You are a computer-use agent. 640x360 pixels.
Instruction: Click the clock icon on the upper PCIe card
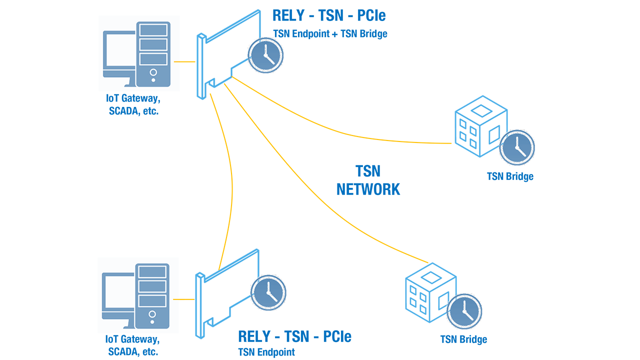click(x=266, y=55)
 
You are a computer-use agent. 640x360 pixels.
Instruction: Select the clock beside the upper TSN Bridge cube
click(x=517, y=147)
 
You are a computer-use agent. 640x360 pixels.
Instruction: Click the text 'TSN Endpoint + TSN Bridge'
click(x=330, y=34)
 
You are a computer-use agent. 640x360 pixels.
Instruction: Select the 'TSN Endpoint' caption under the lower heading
click(x=266, y=352)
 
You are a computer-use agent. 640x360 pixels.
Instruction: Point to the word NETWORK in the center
click(x=368, y=189)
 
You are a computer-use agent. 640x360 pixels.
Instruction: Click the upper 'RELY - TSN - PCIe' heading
click(x=329, y=15)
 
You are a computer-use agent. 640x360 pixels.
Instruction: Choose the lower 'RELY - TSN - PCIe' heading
click(x=294, y=336)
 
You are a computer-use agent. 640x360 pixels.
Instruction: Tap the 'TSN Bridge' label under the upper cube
click(x=510, y=176)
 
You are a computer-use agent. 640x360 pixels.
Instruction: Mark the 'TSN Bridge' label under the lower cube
click(x=463, y=339)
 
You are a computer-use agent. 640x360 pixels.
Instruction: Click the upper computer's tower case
click(x=152, y=55)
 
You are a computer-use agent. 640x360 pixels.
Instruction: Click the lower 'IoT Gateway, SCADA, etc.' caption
click(x=133, y=345)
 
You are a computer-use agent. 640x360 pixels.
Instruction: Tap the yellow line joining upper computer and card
click(x=184, y=62)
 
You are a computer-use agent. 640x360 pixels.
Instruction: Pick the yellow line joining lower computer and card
click(x=184, y=299)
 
